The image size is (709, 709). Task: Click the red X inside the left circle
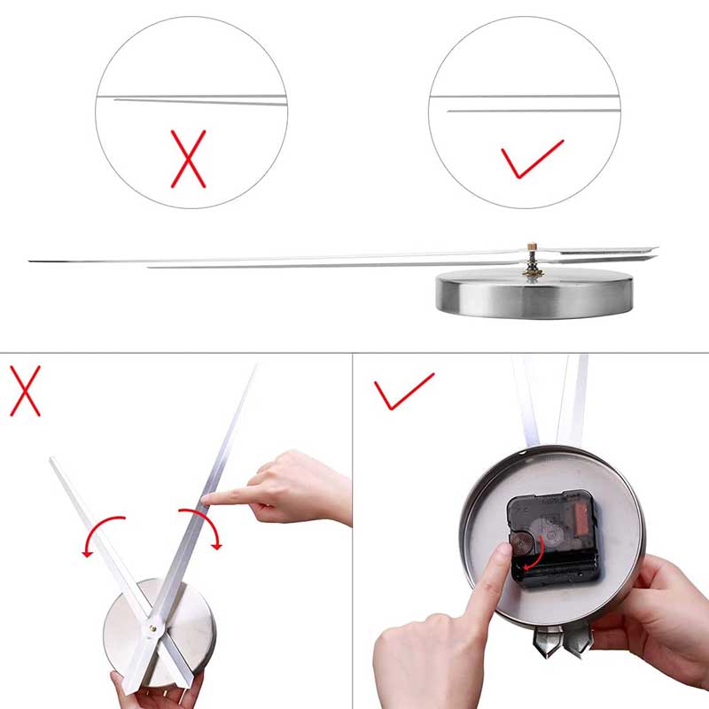point(188,159)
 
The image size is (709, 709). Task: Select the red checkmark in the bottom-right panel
point(402,390)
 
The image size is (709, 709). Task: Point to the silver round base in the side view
point(534,294)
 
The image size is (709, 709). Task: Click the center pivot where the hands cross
point(152,627)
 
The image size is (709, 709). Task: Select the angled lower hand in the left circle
point(200,102)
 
